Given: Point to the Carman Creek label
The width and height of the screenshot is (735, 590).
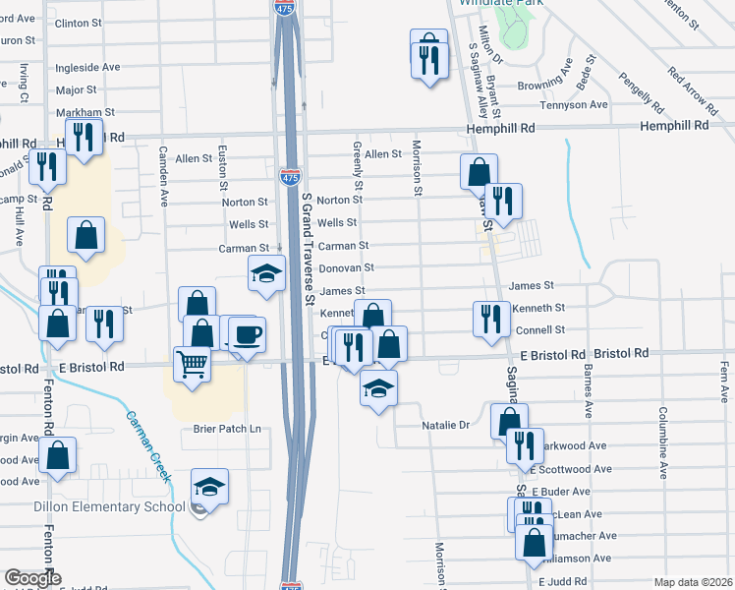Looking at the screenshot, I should tap(147, 446).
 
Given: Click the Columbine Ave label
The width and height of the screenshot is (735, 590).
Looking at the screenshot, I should tap(663, 442).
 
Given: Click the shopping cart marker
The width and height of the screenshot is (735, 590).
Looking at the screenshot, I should tap(193, 364).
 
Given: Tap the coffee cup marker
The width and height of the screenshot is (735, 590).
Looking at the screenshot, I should tap(246, 333).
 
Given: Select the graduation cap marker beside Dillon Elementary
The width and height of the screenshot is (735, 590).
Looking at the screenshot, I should tap(208, 488).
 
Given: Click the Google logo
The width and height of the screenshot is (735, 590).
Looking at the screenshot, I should tap(32, 579).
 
